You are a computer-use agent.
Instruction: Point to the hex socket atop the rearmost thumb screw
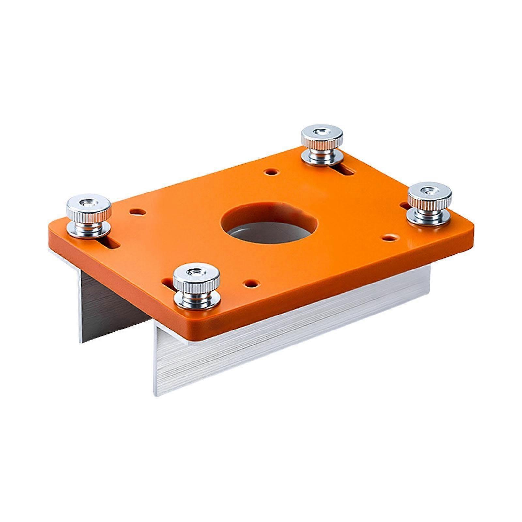[321, 131]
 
